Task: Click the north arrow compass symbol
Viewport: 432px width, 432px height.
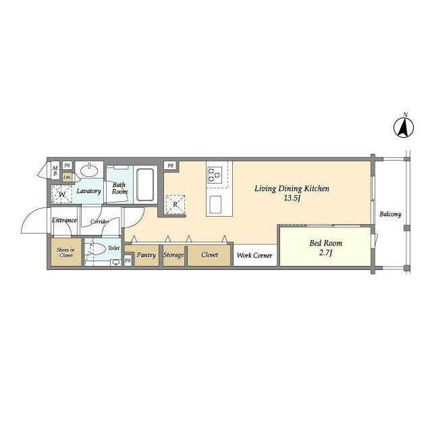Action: click(x=404, y=126)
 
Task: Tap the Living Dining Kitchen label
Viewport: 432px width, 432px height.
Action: click(x=292, y=189)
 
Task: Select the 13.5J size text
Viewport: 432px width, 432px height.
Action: click(x=292, y=198)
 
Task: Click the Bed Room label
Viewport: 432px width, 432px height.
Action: click(x=325, y=243)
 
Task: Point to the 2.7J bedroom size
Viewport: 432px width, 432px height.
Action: click(x=325, y=252)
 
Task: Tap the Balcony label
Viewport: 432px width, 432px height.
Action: click(x=389, y=215)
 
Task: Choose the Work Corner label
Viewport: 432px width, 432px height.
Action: click(x=254, y=256)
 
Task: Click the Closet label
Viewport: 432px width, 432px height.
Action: click(x=209, y=255)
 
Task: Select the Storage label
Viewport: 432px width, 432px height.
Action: click(x=173, y=255)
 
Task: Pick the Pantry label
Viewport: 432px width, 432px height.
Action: click(x=146, y=255)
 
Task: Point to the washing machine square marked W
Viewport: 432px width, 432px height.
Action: click(x=61, y=194)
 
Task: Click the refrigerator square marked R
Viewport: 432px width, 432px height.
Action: click(x=175, y=204)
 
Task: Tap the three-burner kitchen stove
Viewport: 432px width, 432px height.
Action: click(x=215, y=175)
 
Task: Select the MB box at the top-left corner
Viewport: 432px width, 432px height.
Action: click(x=55, y=169)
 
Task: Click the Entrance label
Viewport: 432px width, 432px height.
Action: click(x=64, y=221)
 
